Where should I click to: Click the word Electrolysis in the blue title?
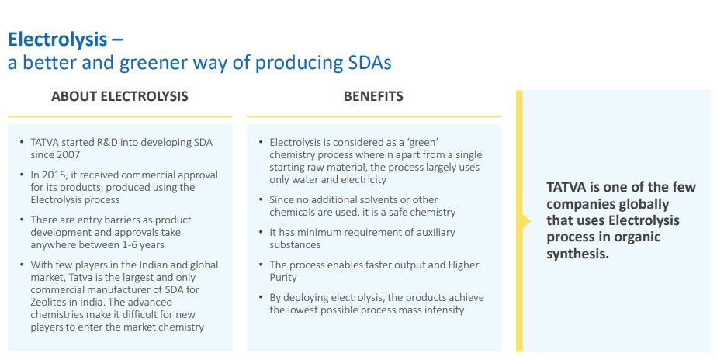(57, 39)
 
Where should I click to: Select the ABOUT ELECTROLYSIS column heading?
(119, 96)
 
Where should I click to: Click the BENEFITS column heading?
(373, 96)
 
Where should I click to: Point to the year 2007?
(68, 154)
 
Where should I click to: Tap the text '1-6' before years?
(130, 244)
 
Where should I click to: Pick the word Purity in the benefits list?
(283, 277)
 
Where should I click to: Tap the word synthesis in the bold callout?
(577, 254)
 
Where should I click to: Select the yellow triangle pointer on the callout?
(526, 221)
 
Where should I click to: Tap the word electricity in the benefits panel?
(363, 179)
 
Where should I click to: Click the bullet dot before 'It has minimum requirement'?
(261, 233)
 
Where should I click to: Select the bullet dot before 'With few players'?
(22, 265)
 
